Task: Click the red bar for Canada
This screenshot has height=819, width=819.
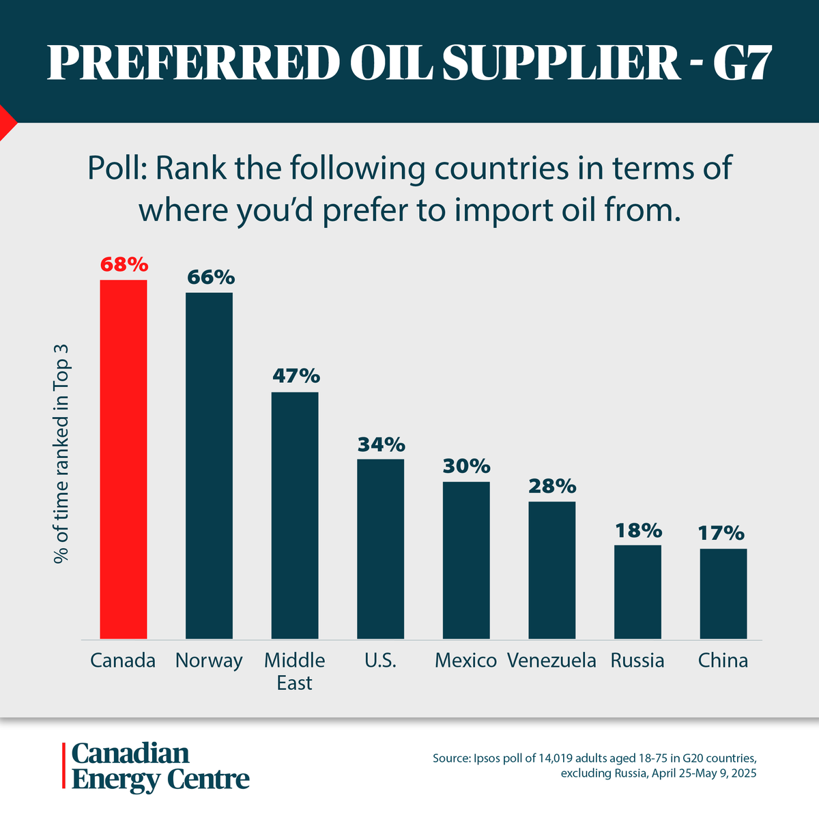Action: pyautogui.click(x=124, y=459)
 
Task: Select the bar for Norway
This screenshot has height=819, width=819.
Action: pyautogui.click(x=209, y=465)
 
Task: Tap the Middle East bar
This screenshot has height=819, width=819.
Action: pyautogui.click(x=295, y=515)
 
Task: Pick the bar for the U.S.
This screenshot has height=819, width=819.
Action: pyautogui.click(x=380, y=549)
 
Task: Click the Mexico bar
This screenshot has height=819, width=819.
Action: pyautogui.click(x=466, y=560)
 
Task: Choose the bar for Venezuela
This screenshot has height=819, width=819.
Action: pyautogui.click(x=551, y=570)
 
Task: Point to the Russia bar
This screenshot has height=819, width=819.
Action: pyautogui.click(x=637, y=592)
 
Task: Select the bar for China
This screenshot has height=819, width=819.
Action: pyautogui.click(x=723, y=594)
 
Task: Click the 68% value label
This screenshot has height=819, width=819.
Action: pyautogui.click(x=124, y=264)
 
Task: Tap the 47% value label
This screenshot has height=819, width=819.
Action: pyautogui.click(x=296, y=376)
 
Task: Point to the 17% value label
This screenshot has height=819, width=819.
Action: pyautogui.click(x=721, y=533)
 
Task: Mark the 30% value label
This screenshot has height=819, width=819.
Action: pyautogui.click(x=466, y=466)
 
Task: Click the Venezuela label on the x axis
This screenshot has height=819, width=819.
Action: pyautogui.click(x=551, y=661)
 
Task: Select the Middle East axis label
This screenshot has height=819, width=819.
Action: pyautogui.click(x=295, y=672)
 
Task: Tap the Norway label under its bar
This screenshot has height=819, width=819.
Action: pyautogui.click(x=209, y=661)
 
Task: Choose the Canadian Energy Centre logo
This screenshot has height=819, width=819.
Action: pyautogui.click(x=156, y=766)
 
